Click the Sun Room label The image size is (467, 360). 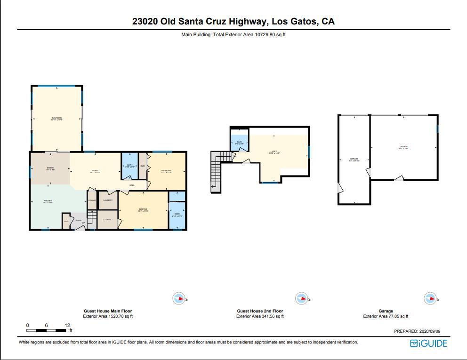pyautogui.click(x=56, y=119)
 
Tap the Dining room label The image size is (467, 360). pyautogui.click(x=50, y=169)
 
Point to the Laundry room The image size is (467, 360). pyautogui.click(x=108, y=200)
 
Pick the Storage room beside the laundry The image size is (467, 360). pyautogui.click(x=92, y=200)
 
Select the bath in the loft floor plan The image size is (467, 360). pyautogui.click(x=239, y=142)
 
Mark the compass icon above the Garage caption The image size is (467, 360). pyautogui.click(x=429, y=298)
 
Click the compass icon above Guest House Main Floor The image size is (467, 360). pyautogui.click(x=179, y=298)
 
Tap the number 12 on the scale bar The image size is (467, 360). pyautogui.click(x=68, y=326)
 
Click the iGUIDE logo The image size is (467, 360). pyautogui.click(x=428, y=343)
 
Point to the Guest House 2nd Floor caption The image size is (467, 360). pyautogui.click(x=260, y=311)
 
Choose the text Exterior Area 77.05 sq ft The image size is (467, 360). pyautogui.click(x=386, y=317)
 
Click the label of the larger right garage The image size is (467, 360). pyautogui.click(x=403, y=147)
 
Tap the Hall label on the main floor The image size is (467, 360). pyautogui.click(x=132, y=185)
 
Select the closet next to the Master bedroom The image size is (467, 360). pyautogui.click(x=107, y=219)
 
